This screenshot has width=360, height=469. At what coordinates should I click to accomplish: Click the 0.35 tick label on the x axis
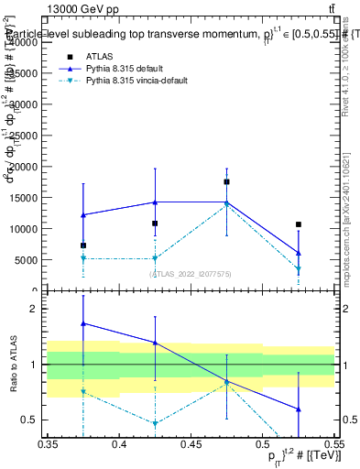(x=48, y=444)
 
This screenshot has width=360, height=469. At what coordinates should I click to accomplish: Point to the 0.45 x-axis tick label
(x=191, y=444)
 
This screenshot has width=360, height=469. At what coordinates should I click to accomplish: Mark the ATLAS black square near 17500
(x=226, y=181)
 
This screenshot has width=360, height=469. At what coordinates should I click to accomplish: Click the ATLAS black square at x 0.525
(x=298, y=224)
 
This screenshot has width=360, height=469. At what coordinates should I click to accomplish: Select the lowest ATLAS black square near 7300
(x=83, y=245)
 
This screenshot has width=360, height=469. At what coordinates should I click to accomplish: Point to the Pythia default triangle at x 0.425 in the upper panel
(x=155, y=202)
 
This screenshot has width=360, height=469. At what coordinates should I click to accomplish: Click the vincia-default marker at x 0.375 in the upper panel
(x=83, y=258)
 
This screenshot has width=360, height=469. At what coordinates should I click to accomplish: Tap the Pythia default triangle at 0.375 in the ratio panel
(x=83, y=323)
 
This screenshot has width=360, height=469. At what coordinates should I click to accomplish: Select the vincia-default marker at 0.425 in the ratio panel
(x=155, y=423)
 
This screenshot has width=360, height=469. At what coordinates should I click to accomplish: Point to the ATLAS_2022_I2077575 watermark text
(x=191, y=273)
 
